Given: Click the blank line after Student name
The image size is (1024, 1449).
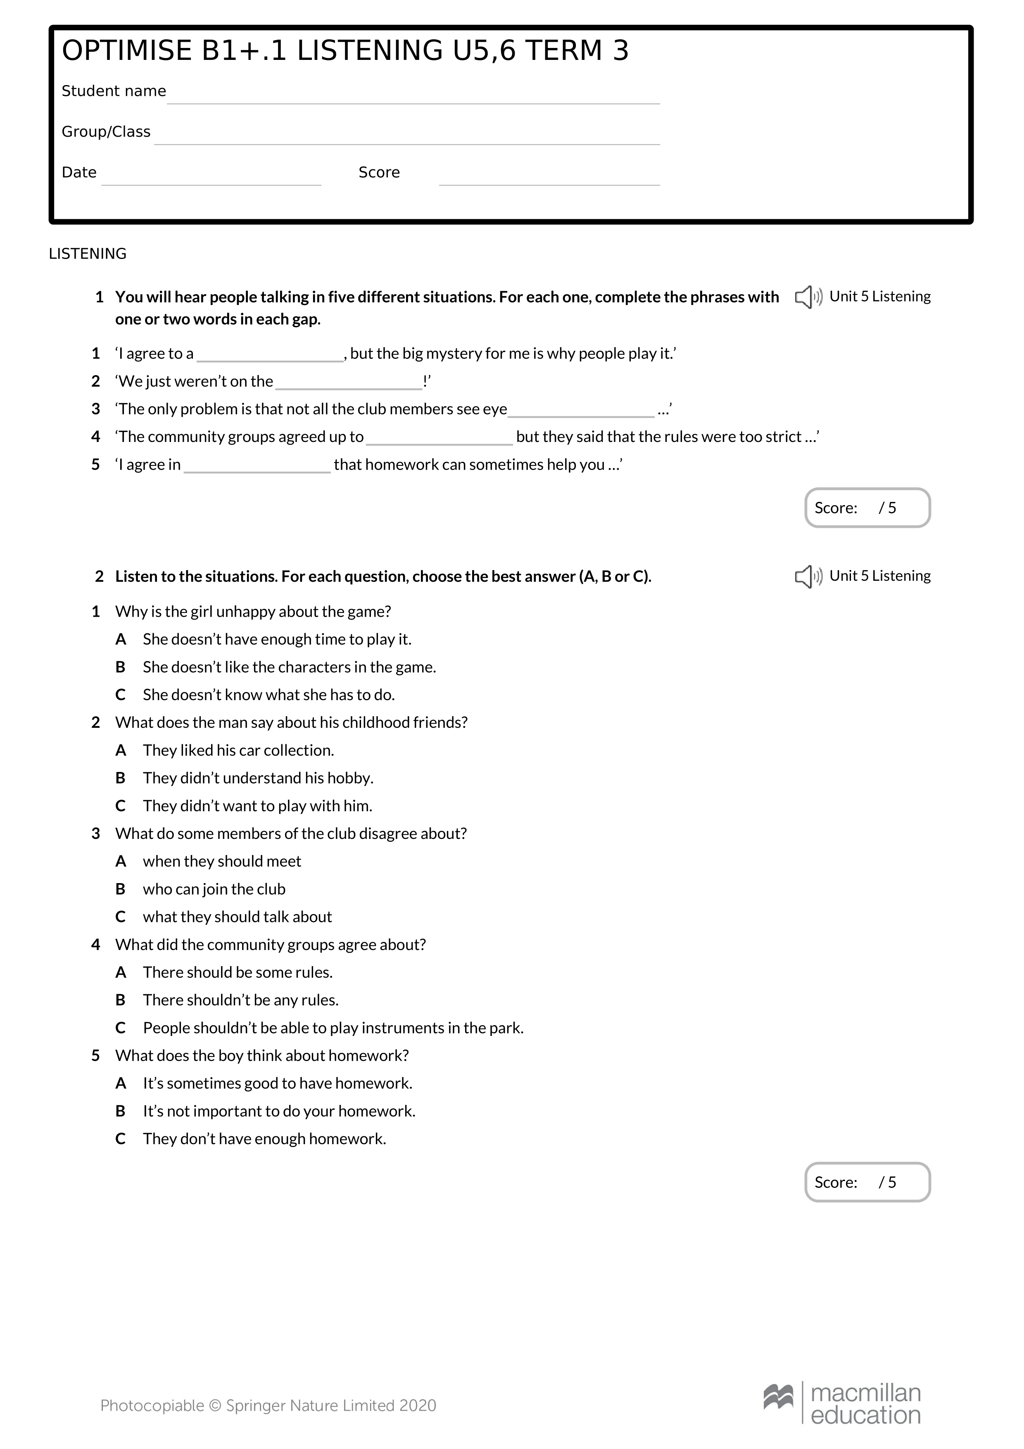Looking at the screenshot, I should [413, 98].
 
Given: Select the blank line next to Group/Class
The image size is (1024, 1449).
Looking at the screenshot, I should [407, 139].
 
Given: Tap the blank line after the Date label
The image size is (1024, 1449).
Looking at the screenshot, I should [211, 179].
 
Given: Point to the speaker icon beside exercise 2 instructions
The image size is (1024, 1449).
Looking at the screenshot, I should [808, 576].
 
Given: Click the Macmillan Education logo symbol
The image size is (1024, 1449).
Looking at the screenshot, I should [778, 1396].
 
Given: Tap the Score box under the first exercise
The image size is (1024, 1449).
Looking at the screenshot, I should [867, 508].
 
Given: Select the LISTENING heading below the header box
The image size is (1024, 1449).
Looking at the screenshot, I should [88, 254].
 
